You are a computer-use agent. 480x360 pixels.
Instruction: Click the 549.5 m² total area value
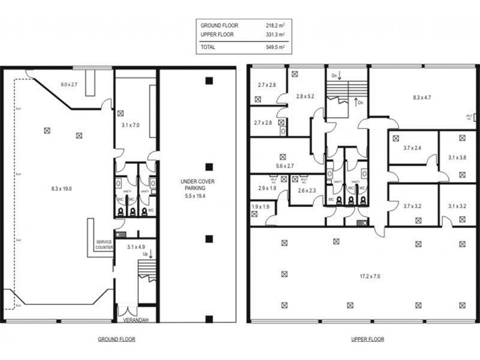coord(275,46)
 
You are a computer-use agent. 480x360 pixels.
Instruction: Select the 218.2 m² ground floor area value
coord(275,26)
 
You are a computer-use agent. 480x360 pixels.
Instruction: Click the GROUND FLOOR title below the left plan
coord(116,339)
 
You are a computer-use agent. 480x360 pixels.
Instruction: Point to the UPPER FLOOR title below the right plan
coord(367,339)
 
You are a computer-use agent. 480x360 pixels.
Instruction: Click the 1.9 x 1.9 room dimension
coord(260,207)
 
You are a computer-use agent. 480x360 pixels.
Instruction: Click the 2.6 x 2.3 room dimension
coord(307,191)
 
